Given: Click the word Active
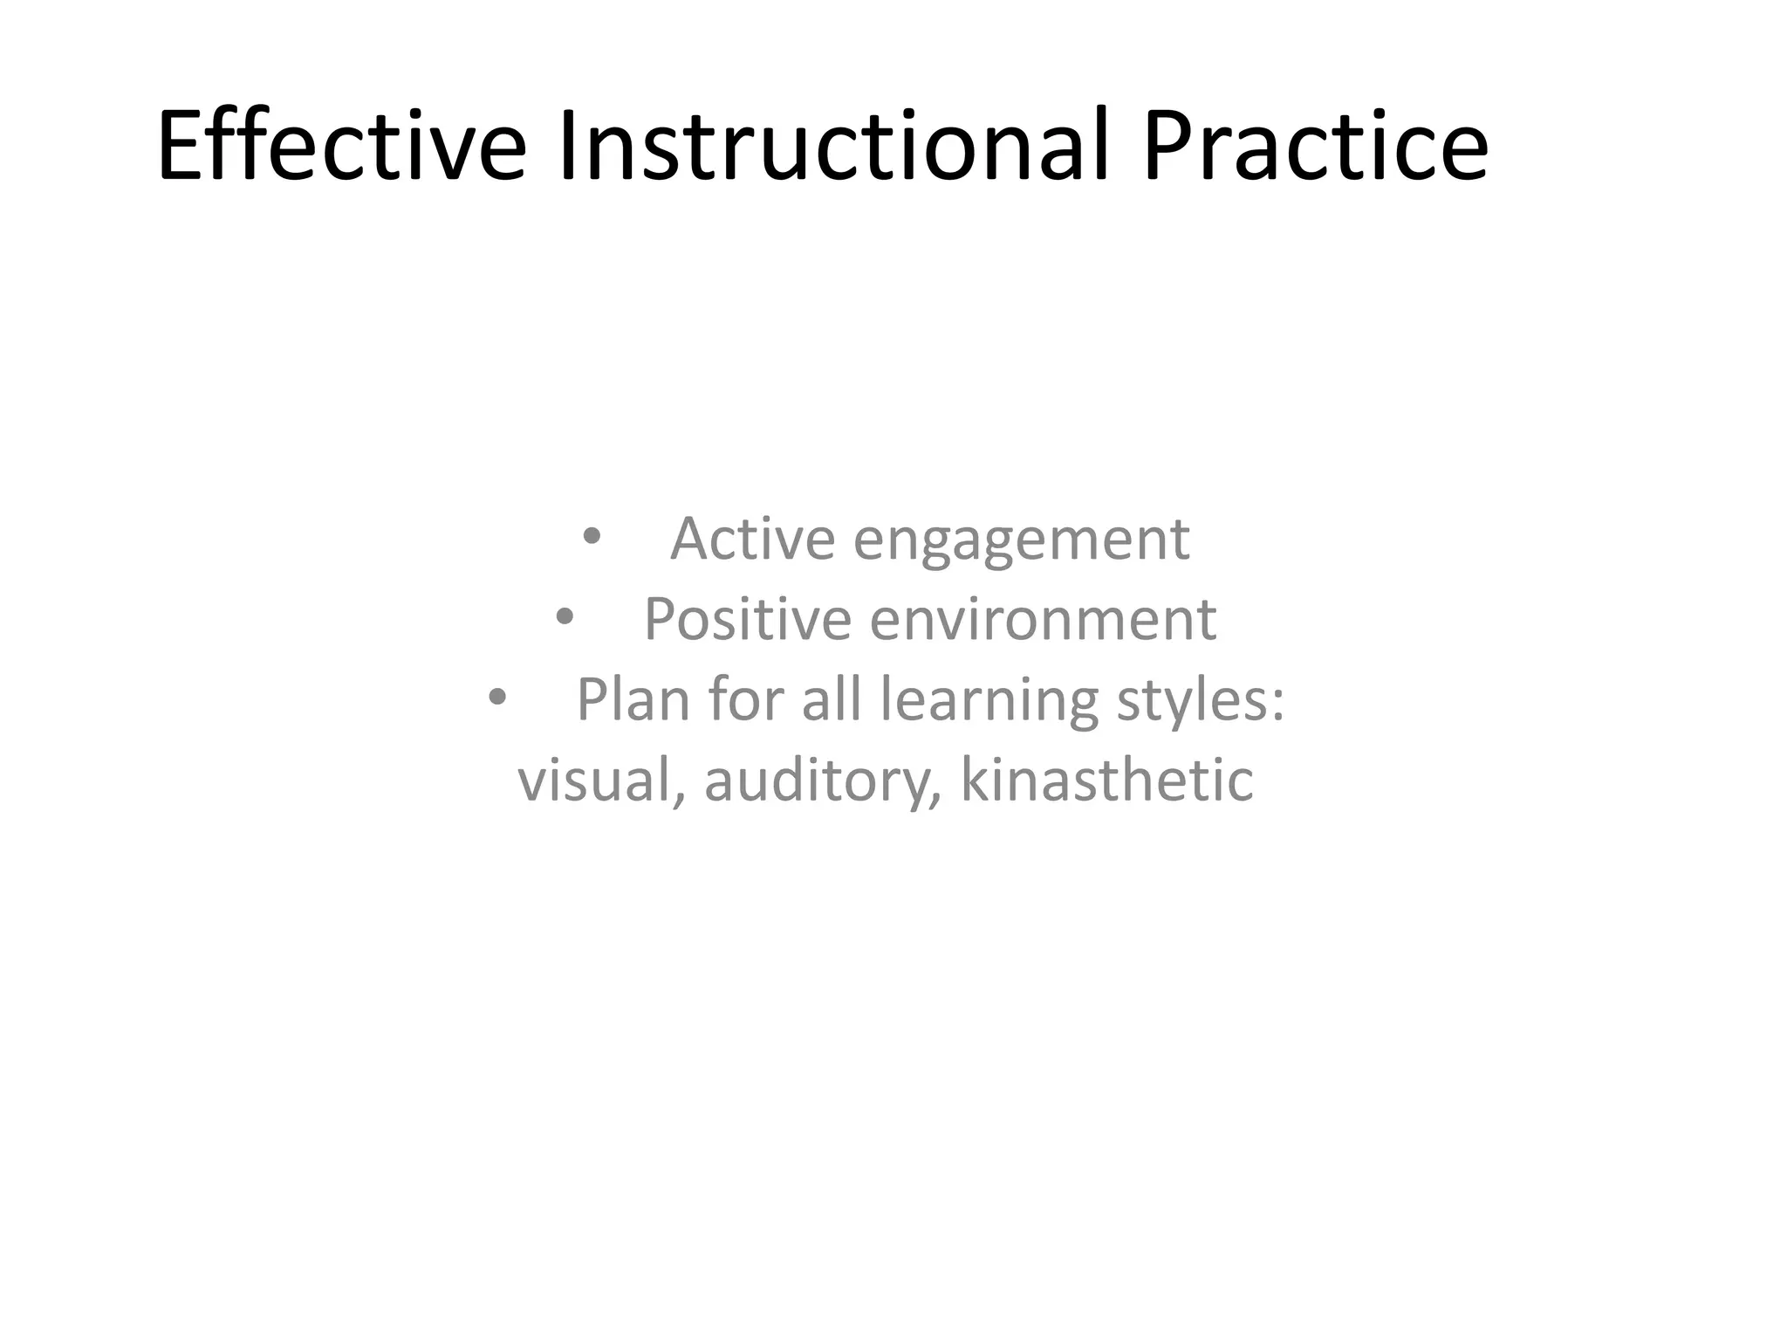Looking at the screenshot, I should (x=752, y=539).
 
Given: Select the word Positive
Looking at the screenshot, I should (x=747, y=619).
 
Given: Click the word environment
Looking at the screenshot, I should (x=1043, y=619).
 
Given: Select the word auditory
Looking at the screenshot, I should (x=819, y=780).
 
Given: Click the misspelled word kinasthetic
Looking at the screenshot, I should (x=1106, y=780).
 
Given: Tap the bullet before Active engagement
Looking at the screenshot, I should (x=592, y=537).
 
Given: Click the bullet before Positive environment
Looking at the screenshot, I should (x=565, y=617).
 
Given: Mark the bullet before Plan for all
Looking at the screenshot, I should (x=496, y=698).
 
